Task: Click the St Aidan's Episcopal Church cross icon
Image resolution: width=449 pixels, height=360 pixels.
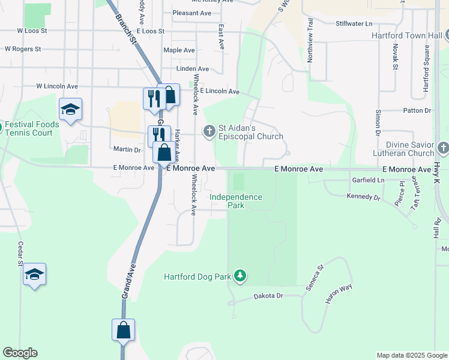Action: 209,130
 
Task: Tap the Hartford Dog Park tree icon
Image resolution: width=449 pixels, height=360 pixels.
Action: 240,276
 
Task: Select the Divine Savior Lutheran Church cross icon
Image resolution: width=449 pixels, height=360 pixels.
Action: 443,147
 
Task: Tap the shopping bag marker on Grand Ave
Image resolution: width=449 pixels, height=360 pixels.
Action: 123,330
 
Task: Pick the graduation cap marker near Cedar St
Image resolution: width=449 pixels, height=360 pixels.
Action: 35,274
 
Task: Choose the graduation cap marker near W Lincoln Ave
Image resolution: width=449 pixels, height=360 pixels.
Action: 70,109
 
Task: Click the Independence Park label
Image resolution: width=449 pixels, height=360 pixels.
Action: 235,201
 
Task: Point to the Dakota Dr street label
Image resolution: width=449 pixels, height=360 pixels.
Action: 268,296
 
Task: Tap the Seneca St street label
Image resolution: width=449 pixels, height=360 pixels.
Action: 314,277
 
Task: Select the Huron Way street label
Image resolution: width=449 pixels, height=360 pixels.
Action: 338,296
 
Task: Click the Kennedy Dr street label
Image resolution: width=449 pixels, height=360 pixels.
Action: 364,197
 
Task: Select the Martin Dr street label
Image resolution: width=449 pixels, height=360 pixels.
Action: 127,149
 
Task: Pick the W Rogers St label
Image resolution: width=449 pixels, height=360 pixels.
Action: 23,49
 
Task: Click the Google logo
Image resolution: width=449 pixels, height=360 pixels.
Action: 20,353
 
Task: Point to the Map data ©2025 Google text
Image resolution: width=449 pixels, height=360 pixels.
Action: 411,355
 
